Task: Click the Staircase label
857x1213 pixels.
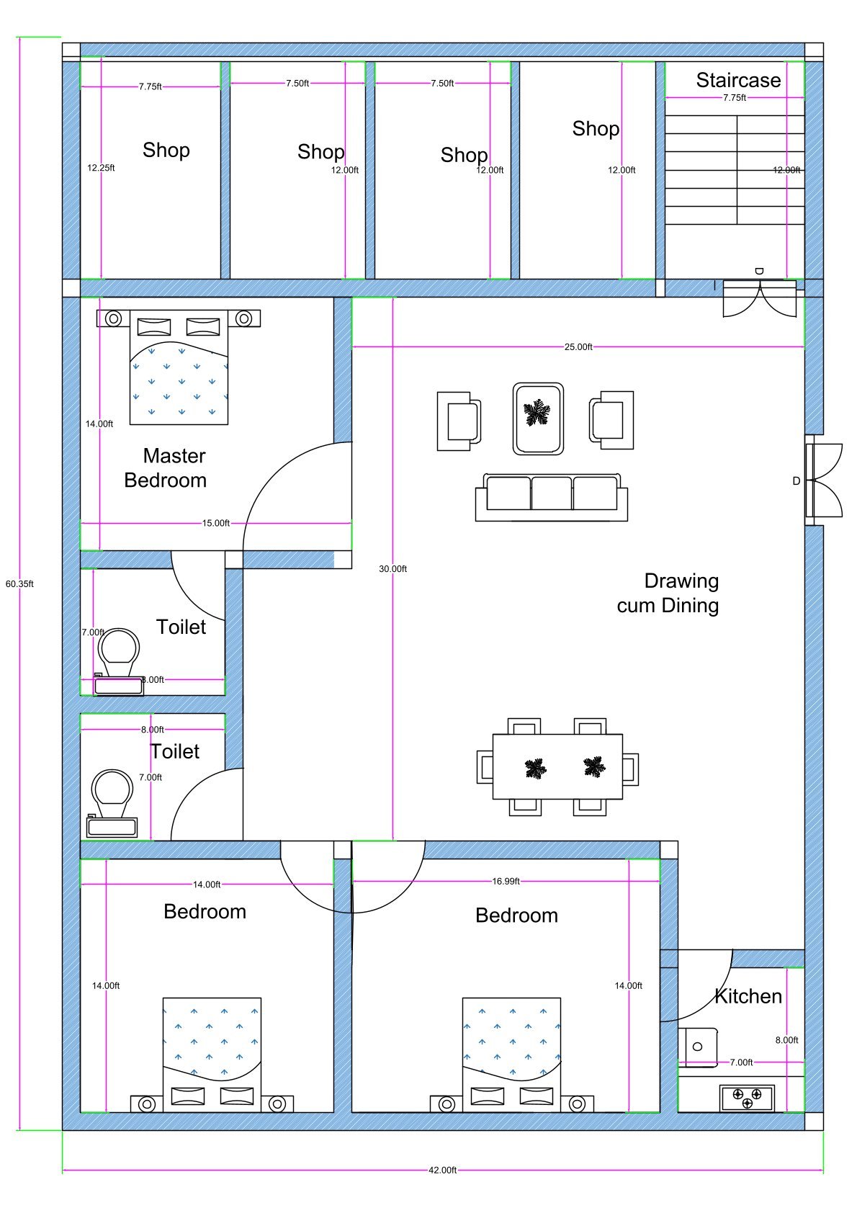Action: pyautogui.click(x=737, y=80)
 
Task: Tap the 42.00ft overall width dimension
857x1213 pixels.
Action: pyautogui.click(x=442, y=1170)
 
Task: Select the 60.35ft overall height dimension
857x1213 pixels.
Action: pyautogui.click(x=19, y=583)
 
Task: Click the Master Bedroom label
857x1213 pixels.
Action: pyautogui.click(x=166, y=467)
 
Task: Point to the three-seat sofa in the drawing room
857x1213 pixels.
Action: pyautogui.click(x=551, y=496)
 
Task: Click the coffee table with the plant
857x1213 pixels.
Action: pyautogui.click(x=537, y=418)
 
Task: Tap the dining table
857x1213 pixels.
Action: pyautogui.click(x=557, y=766)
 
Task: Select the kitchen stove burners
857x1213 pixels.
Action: pyautogui.click(x=747, y=1098)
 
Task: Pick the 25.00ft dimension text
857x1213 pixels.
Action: pyautogui.click(x=578, y=346)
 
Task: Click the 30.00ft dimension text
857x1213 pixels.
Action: pyautogui.click(x=392, y=568)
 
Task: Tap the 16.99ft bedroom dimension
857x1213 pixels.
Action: pyautogui.click(x=506, y=880)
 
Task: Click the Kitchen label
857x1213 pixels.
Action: pyautogui.click(x=748, y=996)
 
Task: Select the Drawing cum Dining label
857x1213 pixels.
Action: pyautogui.click(x=668, y=593)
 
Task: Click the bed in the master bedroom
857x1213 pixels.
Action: pyautogui.click(x=179, y=367)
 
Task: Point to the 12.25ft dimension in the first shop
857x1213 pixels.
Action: pyautogui.click(x=101, y=167)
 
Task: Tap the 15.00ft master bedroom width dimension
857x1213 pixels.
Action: pyautogui.click(x=215, y=522)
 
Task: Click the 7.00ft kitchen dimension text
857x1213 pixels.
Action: pyautogui.click(x=741, y=1062)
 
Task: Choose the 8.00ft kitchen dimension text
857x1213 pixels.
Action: pyautogui.click(x=786, y=1039)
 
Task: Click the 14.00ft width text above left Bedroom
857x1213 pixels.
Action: pyautogui.click(x=206, y=884)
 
